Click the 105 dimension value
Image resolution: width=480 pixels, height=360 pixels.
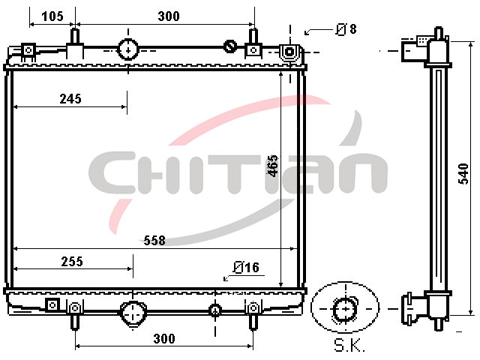pyautogui.click(x=52, y=16)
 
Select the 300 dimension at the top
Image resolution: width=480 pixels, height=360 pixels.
pyautogui.click(x=169, y=16)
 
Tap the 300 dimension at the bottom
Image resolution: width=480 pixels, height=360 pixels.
pyautogui.click(x=164, y=338)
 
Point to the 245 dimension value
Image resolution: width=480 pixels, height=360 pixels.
pyautogui.click(x=70, y=99)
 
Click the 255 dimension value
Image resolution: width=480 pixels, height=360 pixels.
pyautogui.click(x=72, y=262)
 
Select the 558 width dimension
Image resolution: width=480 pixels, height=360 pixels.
pyautogui.click(x=154, y=240)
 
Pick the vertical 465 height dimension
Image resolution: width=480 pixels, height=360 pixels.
pyautogui.click(x=273, y=166)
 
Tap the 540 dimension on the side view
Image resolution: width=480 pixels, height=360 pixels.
pyautogui.click(x=463, y=174)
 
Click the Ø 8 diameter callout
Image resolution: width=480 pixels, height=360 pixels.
pyautogui.click(x=346, y=29)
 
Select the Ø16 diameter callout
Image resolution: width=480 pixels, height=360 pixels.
pyautogui.click(x=246, y=267)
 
